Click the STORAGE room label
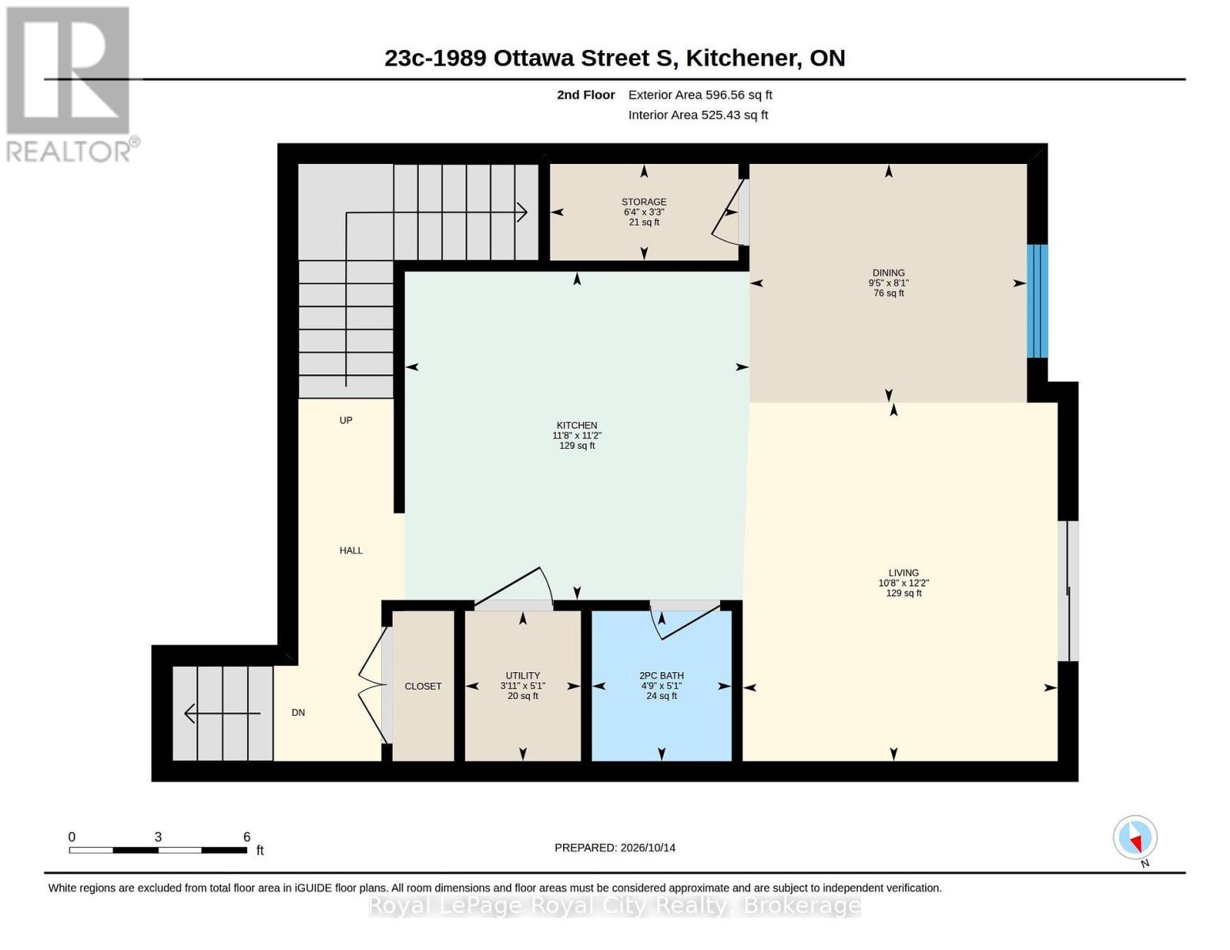(x=644, y=201)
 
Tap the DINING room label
(x=888, y=272)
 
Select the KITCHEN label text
(x=577, y=425)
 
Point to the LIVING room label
(x=904, y=572)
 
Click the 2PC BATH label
(x=661, y=675)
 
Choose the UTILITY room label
(x=523, y=675)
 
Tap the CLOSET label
(x=423, y=686)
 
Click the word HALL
(x=351, y=550)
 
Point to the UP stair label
(x=346, y=420)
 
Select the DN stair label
(x=299, y=713)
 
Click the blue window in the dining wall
(x=1037, y=301)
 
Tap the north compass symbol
(x=1135, y=838)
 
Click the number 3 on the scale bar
(x=158, y=837)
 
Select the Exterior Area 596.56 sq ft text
(x=700, y=95)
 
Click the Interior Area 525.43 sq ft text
(x=698, y=115)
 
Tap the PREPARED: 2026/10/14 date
(x=615, y=848)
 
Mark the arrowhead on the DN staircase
(x=190, y=713)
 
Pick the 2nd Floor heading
(x=586, y=95)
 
